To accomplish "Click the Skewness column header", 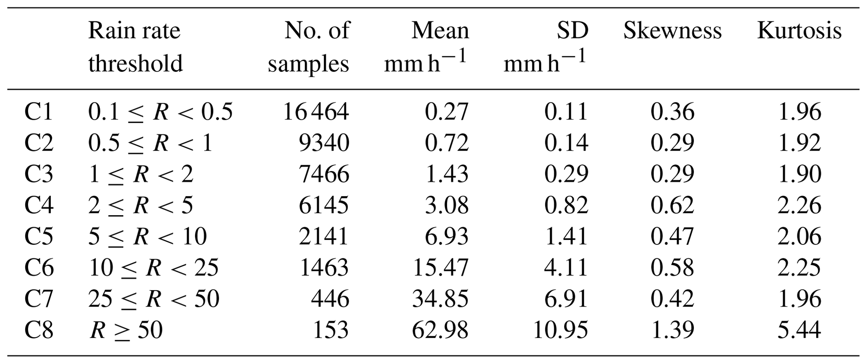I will click(672, 31).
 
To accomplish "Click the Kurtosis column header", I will click(799, 31).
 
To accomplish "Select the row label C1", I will click(39, 112).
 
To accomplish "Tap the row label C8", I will click(39, 330).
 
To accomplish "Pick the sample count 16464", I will click(316, 112).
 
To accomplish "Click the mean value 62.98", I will click(440, 330).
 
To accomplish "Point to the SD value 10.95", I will click(560, 330).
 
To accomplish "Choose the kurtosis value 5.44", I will click(799, 330).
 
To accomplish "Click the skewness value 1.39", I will click(672, 330).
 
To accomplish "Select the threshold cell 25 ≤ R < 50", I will click(154, 299).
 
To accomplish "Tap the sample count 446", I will click(330, 299).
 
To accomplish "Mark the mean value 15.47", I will click(440, 268).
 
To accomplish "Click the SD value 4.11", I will click(566, 268).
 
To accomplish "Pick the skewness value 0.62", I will click(672, 205).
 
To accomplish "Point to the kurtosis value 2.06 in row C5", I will click(799, 237).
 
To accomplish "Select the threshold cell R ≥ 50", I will click(126, 330).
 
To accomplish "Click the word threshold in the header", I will click(135, 64).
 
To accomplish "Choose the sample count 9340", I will click(324, 143).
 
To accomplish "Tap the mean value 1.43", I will click(446, 174).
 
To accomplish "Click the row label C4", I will click(39, 205).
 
